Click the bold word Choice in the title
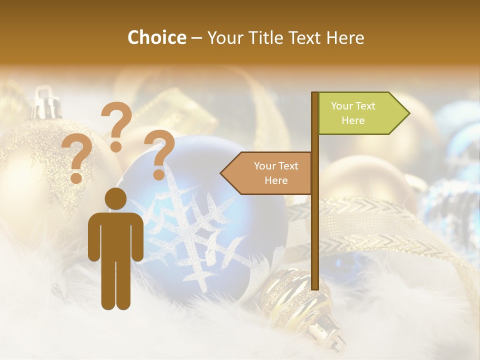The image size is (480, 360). coord(156,37)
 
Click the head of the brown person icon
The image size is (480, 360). coord(115,198)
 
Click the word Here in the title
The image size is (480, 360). coord(345,37)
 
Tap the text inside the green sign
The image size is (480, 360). coord(353,113)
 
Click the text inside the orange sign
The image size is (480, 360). coord(276,173)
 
